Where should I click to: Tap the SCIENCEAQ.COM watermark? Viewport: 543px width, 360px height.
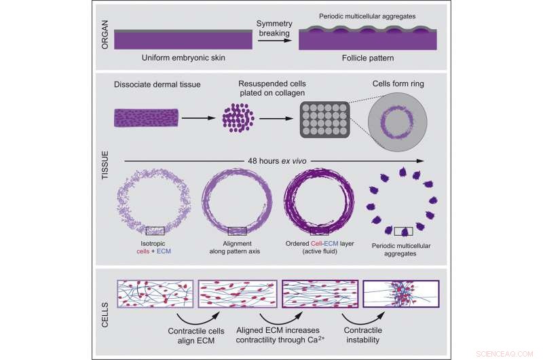point(509,353)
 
